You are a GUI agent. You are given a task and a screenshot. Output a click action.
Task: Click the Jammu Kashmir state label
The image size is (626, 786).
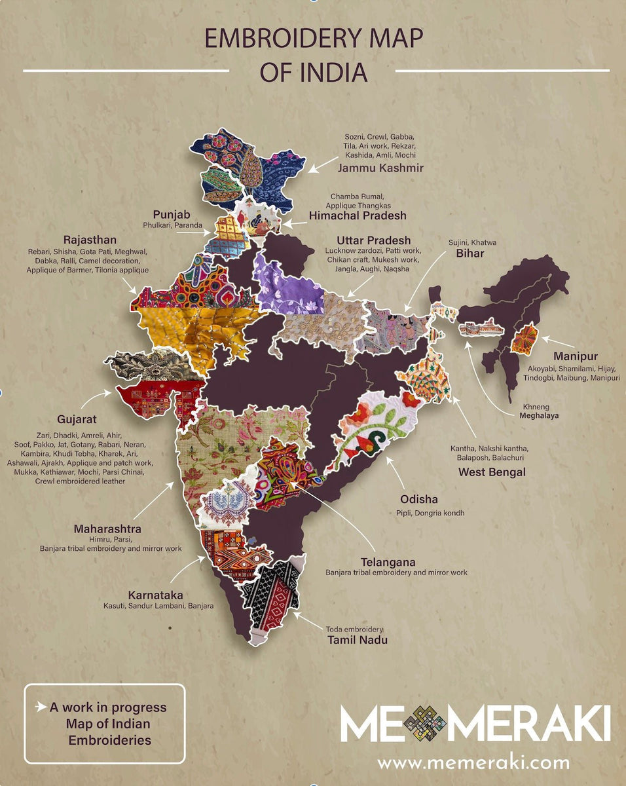380,168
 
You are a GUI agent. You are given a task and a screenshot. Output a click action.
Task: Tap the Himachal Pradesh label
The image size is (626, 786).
358,215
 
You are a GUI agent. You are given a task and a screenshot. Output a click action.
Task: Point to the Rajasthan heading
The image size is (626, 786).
90,240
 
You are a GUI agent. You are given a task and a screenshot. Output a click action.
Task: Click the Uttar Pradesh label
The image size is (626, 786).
373,240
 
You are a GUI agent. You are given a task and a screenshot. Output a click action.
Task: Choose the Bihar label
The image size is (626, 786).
470,253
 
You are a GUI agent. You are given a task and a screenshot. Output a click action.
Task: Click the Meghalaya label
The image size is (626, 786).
540,415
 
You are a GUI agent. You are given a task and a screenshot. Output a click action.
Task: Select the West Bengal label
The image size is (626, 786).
492,472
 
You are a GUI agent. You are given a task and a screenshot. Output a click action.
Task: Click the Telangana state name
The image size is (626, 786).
388,562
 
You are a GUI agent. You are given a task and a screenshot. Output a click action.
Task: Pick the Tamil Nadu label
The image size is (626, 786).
357,639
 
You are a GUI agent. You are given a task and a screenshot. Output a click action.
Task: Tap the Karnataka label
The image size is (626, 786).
155,595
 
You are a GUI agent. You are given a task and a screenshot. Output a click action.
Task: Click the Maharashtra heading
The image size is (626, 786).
107,529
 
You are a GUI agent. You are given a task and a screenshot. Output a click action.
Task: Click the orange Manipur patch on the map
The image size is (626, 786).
525,339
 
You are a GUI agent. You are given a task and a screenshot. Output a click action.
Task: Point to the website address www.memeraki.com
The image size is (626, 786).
473,762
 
